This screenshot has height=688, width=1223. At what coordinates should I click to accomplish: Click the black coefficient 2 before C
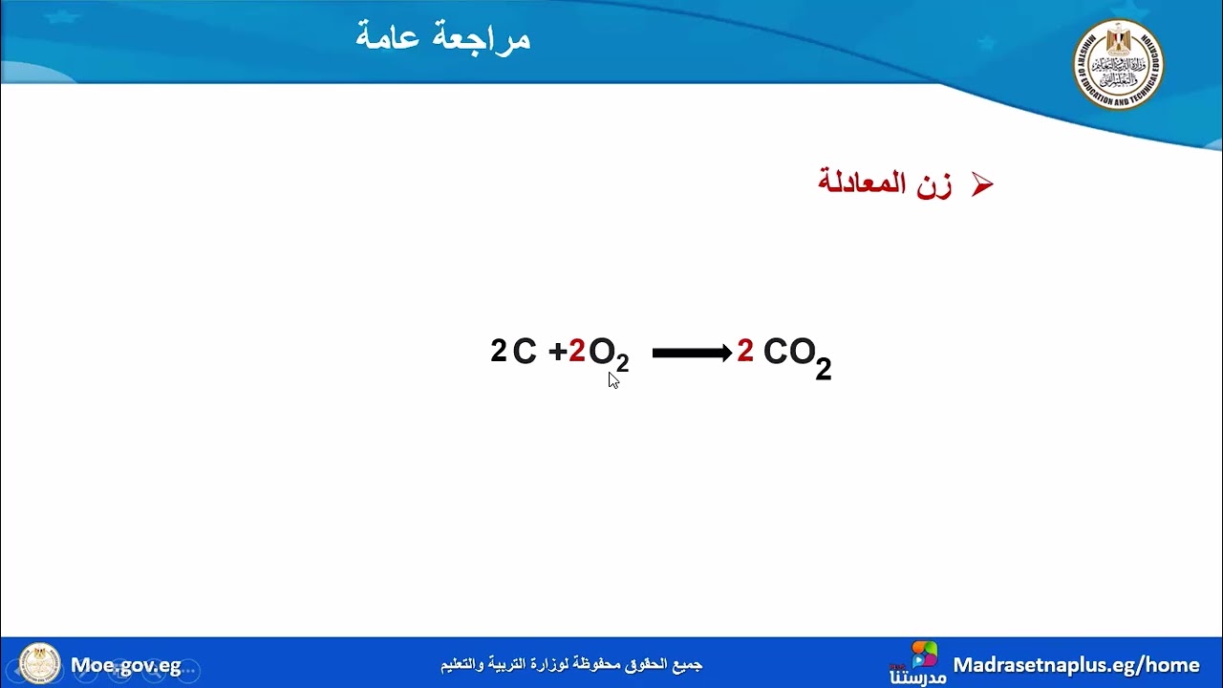[498, 351]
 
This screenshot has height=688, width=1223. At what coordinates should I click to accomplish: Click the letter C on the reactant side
[525, 352]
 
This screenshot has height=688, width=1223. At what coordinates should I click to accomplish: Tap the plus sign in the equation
[558, 352]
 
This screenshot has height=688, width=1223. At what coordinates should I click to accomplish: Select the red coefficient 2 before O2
[577, 352]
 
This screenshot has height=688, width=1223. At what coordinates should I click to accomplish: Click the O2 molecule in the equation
[608, 355]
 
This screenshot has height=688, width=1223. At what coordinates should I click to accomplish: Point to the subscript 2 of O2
[622, 363]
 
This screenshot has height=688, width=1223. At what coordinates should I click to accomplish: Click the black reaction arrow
[692, 353]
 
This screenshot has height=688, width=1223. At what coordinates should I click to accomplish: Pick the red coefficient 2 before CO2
[745, 351]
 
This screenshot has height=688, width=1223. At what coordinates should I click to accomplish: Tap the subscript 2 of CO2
[823, 368]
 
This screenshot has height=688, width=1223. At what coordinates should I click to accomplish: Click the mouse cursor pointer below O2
[613, 380]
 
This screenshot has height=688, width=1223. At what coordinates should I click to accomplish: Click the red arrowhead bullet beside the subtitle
[982, 185]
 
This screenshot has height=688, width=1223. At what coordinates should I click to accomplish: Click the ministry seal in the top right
[1117, 64]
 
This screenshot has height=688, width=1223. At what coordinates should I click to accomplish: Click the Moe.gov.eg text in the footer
[125, 665]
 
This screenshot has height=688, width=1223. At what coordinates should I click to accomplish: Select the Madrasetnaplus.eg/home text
[1076, 664]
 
